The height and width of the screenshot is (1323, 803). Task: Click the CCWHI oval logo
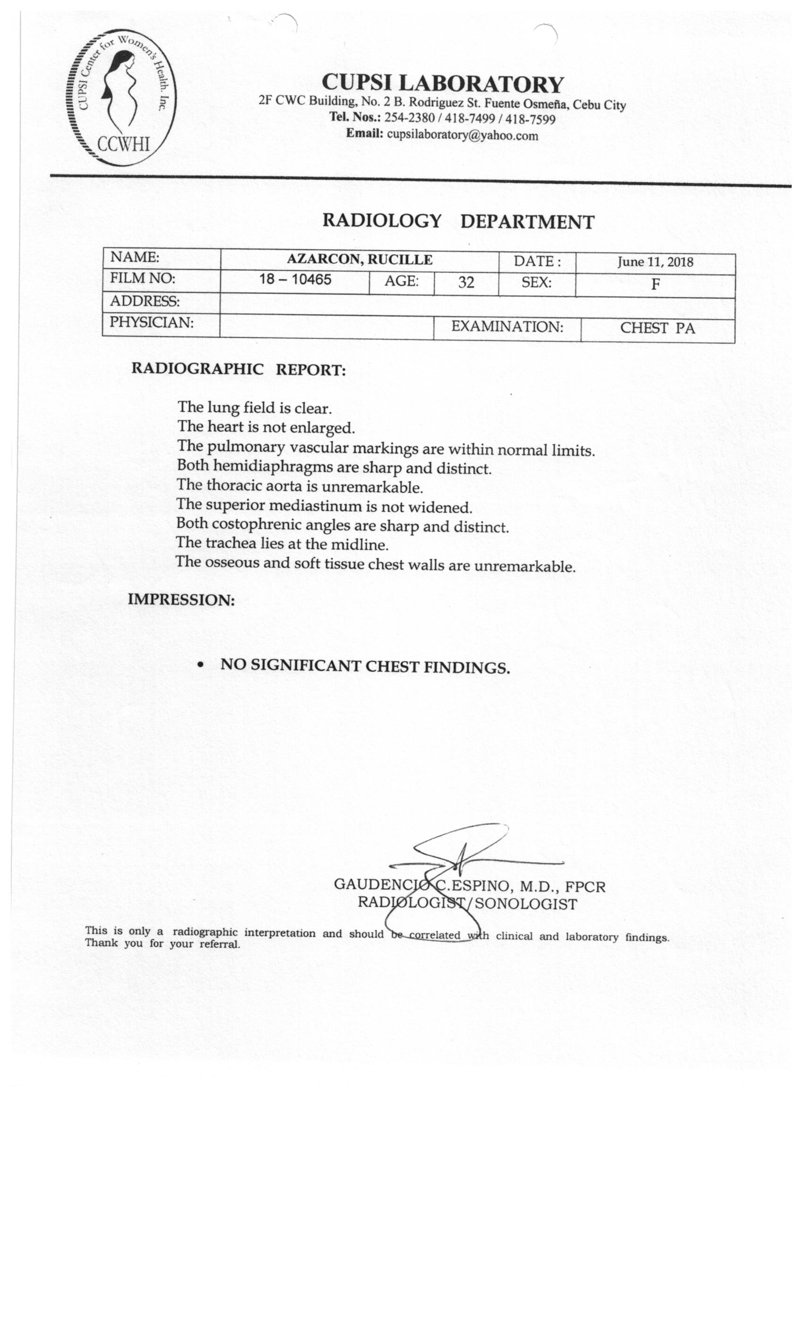(x=121, y=97)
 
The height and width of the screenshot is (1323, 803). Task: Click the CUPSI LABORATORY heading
(x=443, y=83)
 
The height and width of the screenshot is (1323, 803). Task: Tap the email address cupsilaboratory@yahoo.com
(x=462, y=135)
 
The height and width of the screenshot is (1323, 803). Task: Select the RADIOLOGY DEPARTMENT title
(x=458, y=221)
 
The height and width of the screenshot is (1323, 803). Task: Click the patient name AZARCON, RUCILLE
(x=359, y=260)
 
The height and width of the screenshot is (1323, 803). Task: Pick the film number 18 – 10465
(x=295, y=279)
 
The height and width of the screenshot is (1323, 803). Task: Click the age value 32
(x=466, y=283)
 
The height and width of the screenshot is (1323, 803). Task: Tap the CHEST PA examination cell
(x=658, y=328)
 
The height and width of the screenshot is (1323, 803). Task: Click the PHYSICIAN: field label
(x=151, y=323)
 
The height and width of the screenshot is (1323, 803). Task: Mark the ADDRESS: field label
(x=145, y=301)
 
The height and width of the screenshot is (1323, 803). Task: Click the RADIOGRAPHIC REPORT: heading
(x=239, y=369)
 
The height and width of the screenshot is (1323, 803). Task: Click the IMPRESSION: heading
(x=181, y=600)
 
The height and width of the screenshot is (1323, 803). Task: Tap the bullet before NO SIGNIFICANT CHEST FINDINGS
(x=201, y=665)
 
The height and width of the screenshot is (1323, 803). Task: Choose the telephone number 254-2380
(x=409, y=118)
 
